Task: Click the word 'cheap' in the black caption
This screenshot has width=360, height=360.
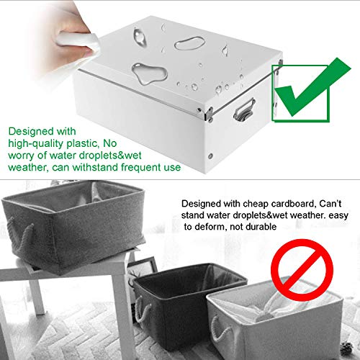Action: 249,204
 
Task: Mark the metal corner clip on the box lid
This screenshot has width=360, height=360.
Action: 210,112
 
